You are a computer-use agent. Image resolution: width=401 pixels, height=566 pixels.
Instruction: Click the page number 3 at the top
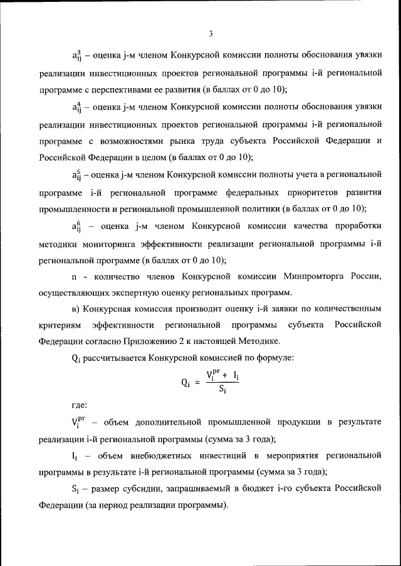pos(211,33)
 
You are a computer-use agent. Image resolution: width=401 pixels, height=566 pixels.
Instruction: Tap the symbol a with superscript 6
pos(76,226)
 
